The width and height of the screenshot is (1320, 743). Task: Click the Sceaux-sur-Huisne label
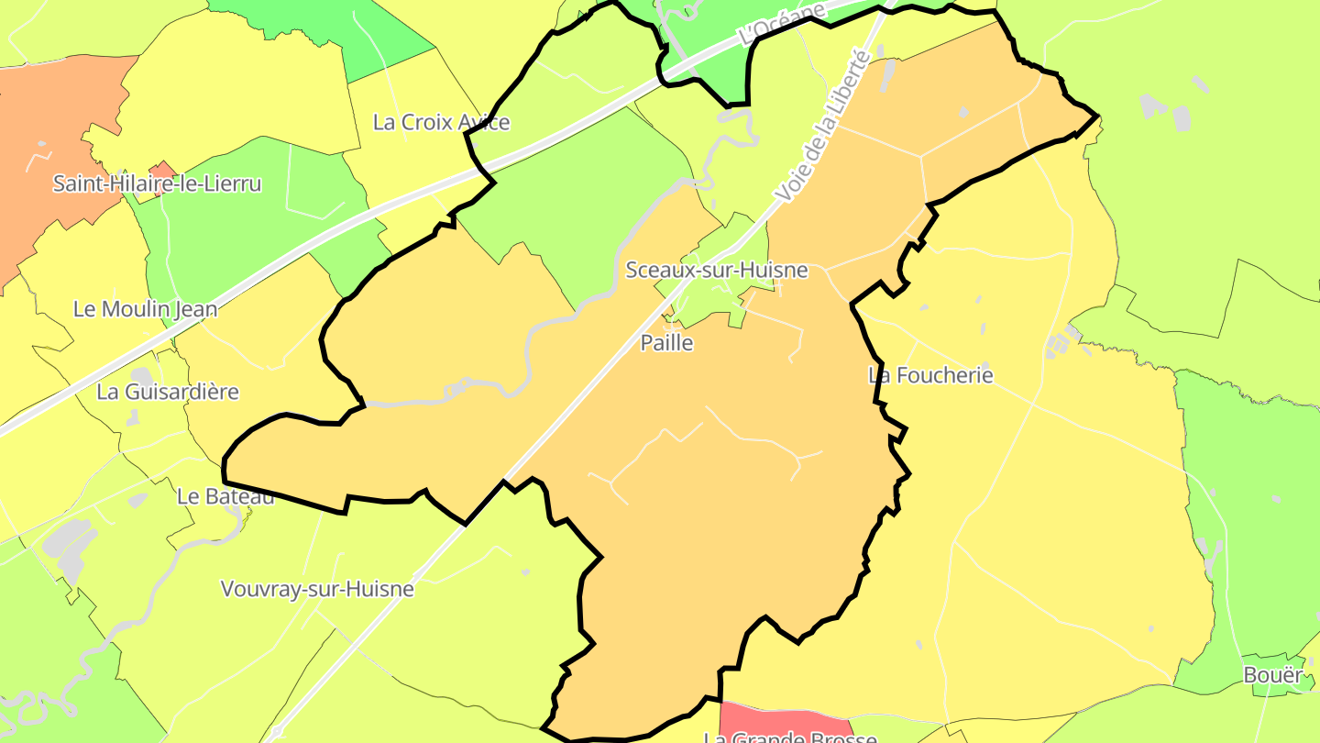tap(716, 270)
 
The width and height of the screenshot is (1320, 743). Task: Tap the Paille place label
tap(666, 343)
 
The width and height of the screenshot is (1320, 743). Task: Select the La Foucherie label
tap(930, 375)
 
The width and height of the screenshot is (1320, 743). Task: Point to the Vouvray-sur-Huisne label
tap(317, 589)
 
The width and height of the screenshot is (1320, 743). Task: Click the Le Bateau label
tap(225, 496)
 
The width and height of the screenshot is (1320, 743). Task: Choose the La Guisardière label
tap(168, 392)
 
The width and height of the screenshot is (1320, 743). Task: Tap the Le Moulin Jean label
tap(146, 309)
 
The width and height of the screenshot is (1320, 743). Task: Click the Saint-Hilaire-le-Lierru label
tap(157, 183)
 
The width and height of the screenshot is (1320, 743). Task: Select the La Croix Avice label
tap(441, 122)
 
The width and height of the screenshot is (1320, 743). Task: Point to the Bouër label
tap(1272, 674)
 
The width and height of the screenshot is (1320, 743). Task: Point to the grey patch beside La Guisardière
tap(142, 377)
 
